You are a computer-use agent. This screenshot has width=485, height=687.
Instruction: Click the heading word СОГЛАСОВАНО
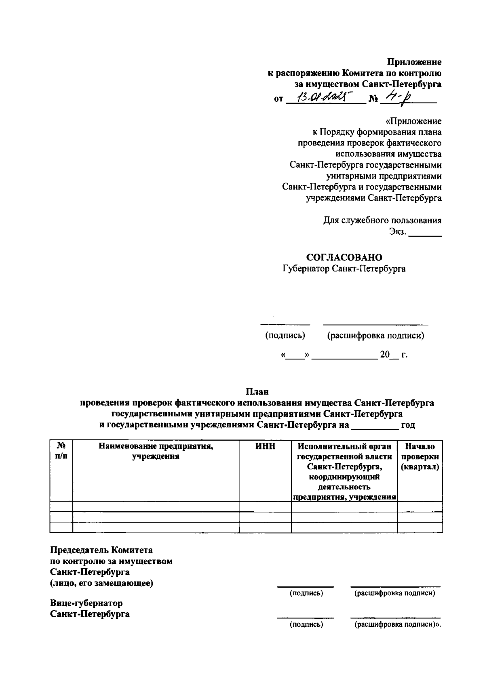point(344,257)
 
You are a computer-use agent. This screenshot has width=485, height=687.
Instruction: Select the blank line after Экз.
point(425,233)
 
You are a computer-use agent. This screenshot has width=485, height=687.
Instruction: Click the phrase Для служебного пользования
point(382,220)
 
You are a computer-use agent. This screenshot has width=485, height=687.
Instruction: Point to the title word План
point(257,391)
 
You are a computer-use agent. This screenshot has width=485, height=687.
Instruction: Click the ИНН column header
point(265,446)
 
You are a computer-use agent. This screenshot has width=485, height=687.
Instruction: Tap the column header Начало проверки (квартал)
point(420,456)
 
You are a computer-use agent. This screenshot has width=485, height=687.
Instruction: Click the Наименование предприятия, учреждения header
point(156,451)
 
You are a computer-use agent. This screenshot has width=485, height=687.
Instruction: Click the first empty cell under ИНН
point(265,506)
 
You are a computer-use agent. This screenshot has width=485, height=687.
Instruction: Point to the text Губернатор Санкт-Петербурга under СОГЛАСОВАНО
point(344,269)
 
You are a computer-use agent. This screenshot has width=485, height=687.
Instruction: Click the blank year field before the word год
point(374,425)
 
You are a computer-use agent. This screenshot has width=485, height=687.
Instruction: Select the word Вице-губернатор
point(86,603)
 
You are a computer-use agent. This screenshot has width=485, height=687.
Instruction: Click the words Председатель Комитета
point(101,550)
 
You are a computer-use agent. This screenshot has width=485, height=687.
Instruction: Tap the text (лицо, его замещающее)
point(101,583)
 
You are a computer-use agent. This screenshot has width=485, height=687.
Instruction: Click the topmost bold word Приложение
point(415,62)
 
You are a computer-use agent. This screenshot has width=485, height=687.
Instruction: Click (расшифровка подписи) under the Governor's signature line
point(375,335)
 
